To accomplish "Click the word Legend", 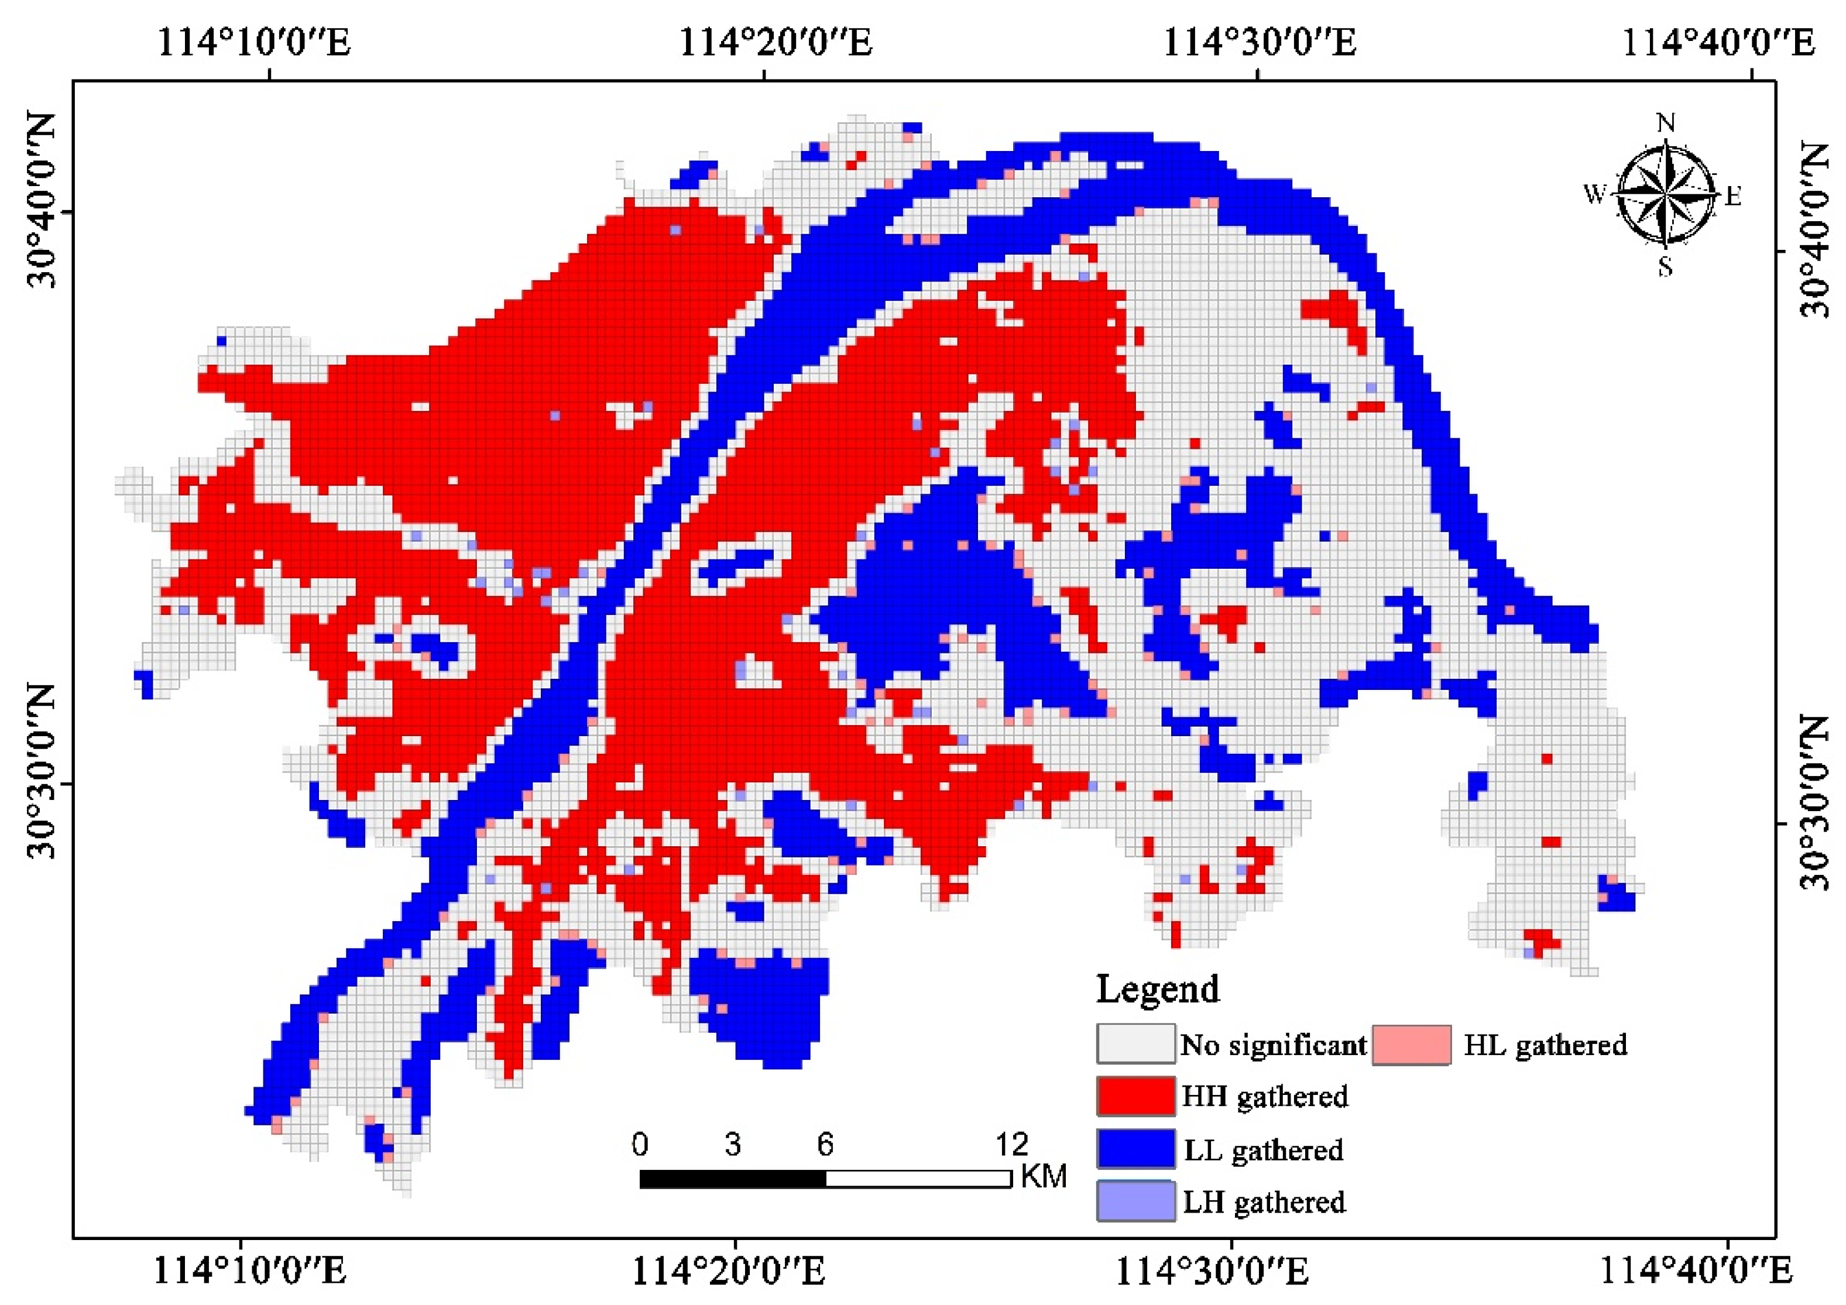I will (x=1158, y=989).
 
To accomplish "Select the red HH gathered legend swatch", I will (x=1135, y=1097).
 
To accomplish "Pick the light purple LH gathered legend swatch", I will (x=1135, y=1201).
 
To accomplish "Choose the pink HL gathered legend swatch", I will (x=1411, y=1045).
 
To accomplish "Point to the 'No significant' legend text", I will (x=1274, y=1045).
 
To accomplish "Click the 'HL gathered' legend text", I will (x=1545, y=1045).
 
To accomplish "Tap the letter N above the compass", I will (x=1666, y=123).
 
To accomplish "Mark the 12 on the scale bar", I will (x=1011, y=1144).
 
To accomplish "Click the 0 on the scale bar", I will (x=640, y=1144).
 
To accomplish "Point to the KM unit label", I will (x=1044, y=1176).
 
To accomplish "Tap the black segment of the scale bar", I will (x=732, y=1179).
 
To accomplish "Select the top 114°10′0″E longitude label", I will (x=254, y=42).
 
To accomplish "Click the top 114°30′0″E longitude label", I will (x=1260, y=42).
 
